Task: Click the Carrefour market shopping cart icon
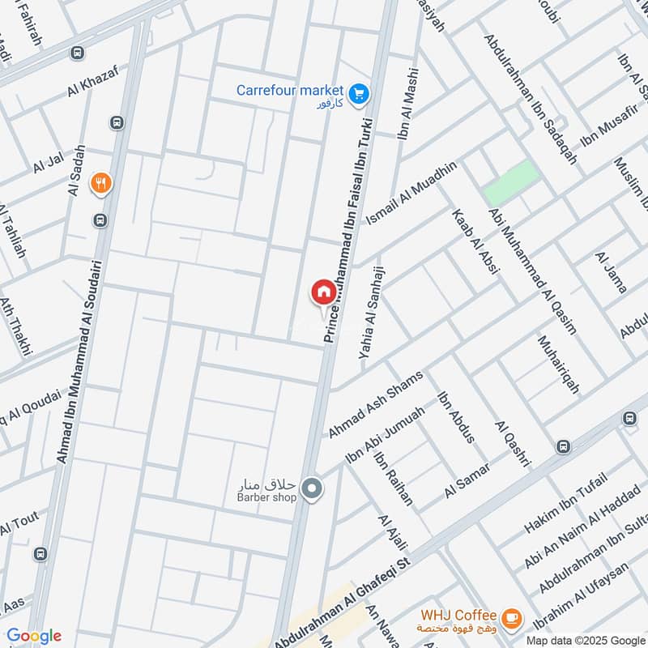pos(360,95)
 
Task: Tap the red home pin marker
pos(323,292)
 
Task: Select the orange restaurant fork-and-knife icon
pos(100,184)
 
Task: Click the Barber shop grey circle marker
pos(311,488)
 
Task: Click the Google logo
pos(33,636)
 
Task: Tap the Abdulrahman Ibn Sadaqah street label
pos(531,99)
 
